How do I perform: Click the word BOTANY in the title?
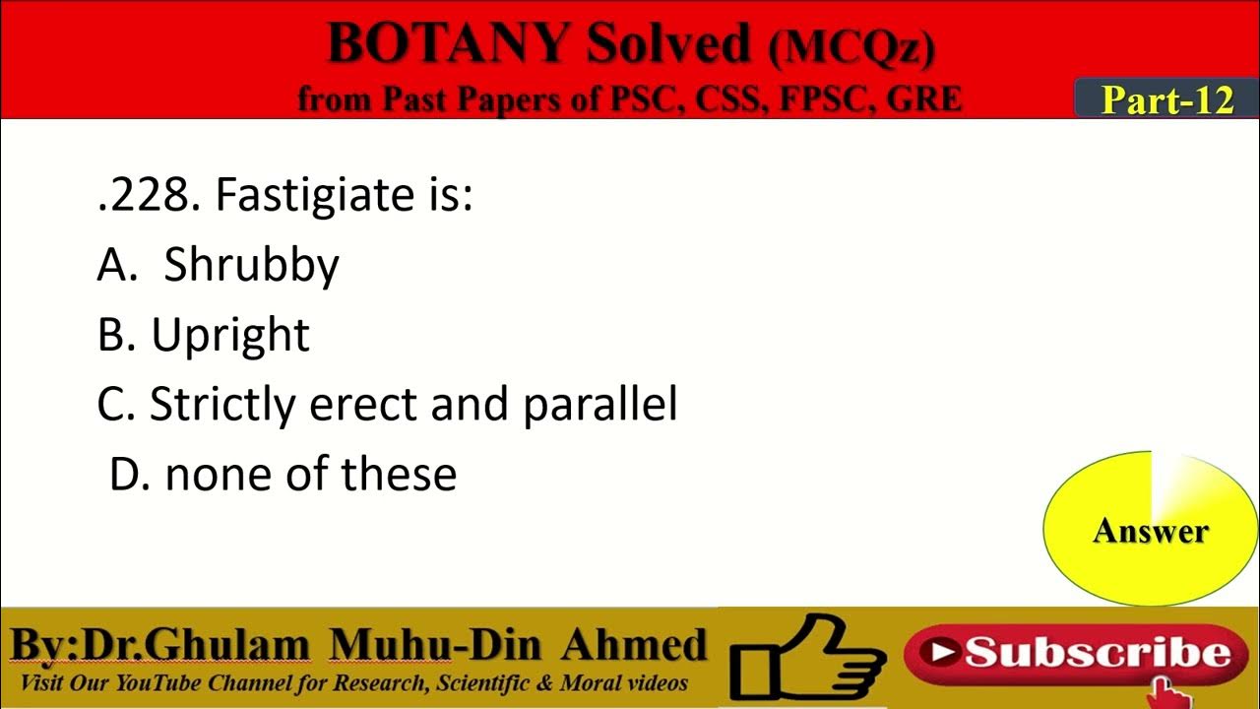[448, 44]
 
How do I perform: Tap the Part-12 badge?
[1166, 99]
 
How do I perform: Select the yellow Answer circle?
[1150, 530]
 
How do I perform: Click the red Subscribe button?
[1076, 653]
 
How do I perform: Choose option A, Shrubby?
[251, 265]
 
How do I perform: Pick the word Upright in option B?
[230, 336]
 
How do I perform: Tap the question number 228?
[148, 195]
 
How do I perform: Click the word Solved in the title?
[665, 44]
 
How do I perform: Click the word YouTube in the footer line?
[165, 683]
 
